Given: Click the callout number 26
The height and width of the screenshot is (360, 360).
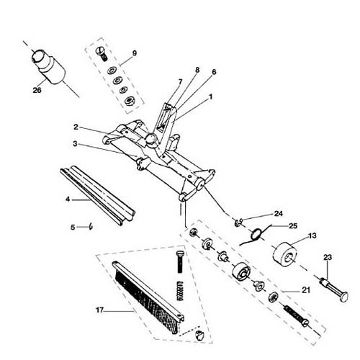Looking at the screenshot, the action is click(x=37, y=90).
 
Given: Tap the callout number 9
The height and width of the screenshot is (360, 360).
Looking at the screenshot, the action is click(x=135, y=53).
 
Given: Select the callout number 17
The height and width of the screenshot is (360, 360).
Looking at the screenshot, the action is click(x=99, y=310).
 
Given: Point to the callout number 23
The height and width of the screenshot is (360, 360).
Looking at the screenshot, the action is click(x=328, y=258).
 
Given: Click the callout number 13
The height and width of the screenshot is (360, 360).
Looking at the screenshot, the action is click(x=312, y=235).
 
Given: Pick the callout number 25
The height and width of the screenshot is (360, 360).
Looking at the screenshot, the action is click(x=293, y=226).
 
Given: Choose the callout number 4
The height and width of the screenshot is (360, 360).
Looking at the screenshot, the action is click(x=68, y=199).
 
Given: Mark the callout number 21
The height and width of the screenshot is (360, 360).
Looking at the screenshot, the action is click(x=306, y=290).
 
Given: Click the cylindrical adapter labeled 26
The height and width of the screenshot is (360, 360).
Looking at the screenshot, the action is click(x=49, y=66).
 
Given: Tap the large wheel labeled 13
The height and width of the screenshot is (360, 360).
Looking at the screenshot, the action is click(x=285, y=254).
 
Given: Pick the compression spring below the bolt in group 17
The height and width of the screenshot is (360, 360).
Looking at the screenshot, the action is click(x=179, y=291).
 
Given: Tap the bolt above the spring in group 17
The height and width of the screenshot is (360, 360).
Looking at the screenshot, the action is click(x=180, y=261).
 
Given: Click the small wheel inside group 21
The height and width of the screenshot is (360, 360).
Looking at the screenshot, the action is click(x=241, y=271).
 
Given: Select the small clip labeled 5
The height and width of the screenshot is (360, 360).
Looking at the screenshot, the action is click(x=91, y=226).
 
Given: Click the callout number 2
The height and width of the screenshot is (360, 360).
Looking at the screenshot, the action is click(x=76, y=127).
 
